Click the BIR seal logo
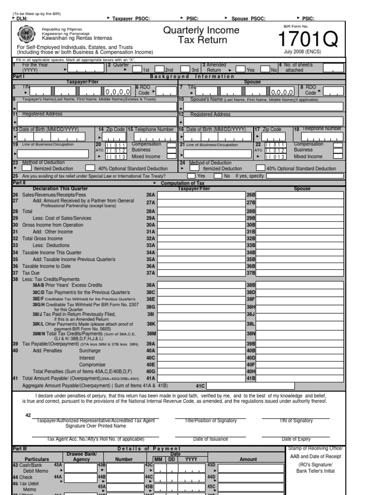pos(26,35)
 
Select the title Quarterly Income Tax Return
pos(201,35)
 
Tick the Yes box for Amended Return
pos(241,69)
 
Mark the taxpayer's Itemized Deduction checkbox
pos(27,168)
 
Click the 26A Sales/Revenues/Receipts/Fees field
pos(200,195)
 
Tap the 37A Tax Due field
pos(200,273)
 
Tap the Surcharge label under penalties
pos(90,350)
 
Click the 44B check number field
pos(125,477)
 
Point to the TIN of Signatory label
pos(296,421)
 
